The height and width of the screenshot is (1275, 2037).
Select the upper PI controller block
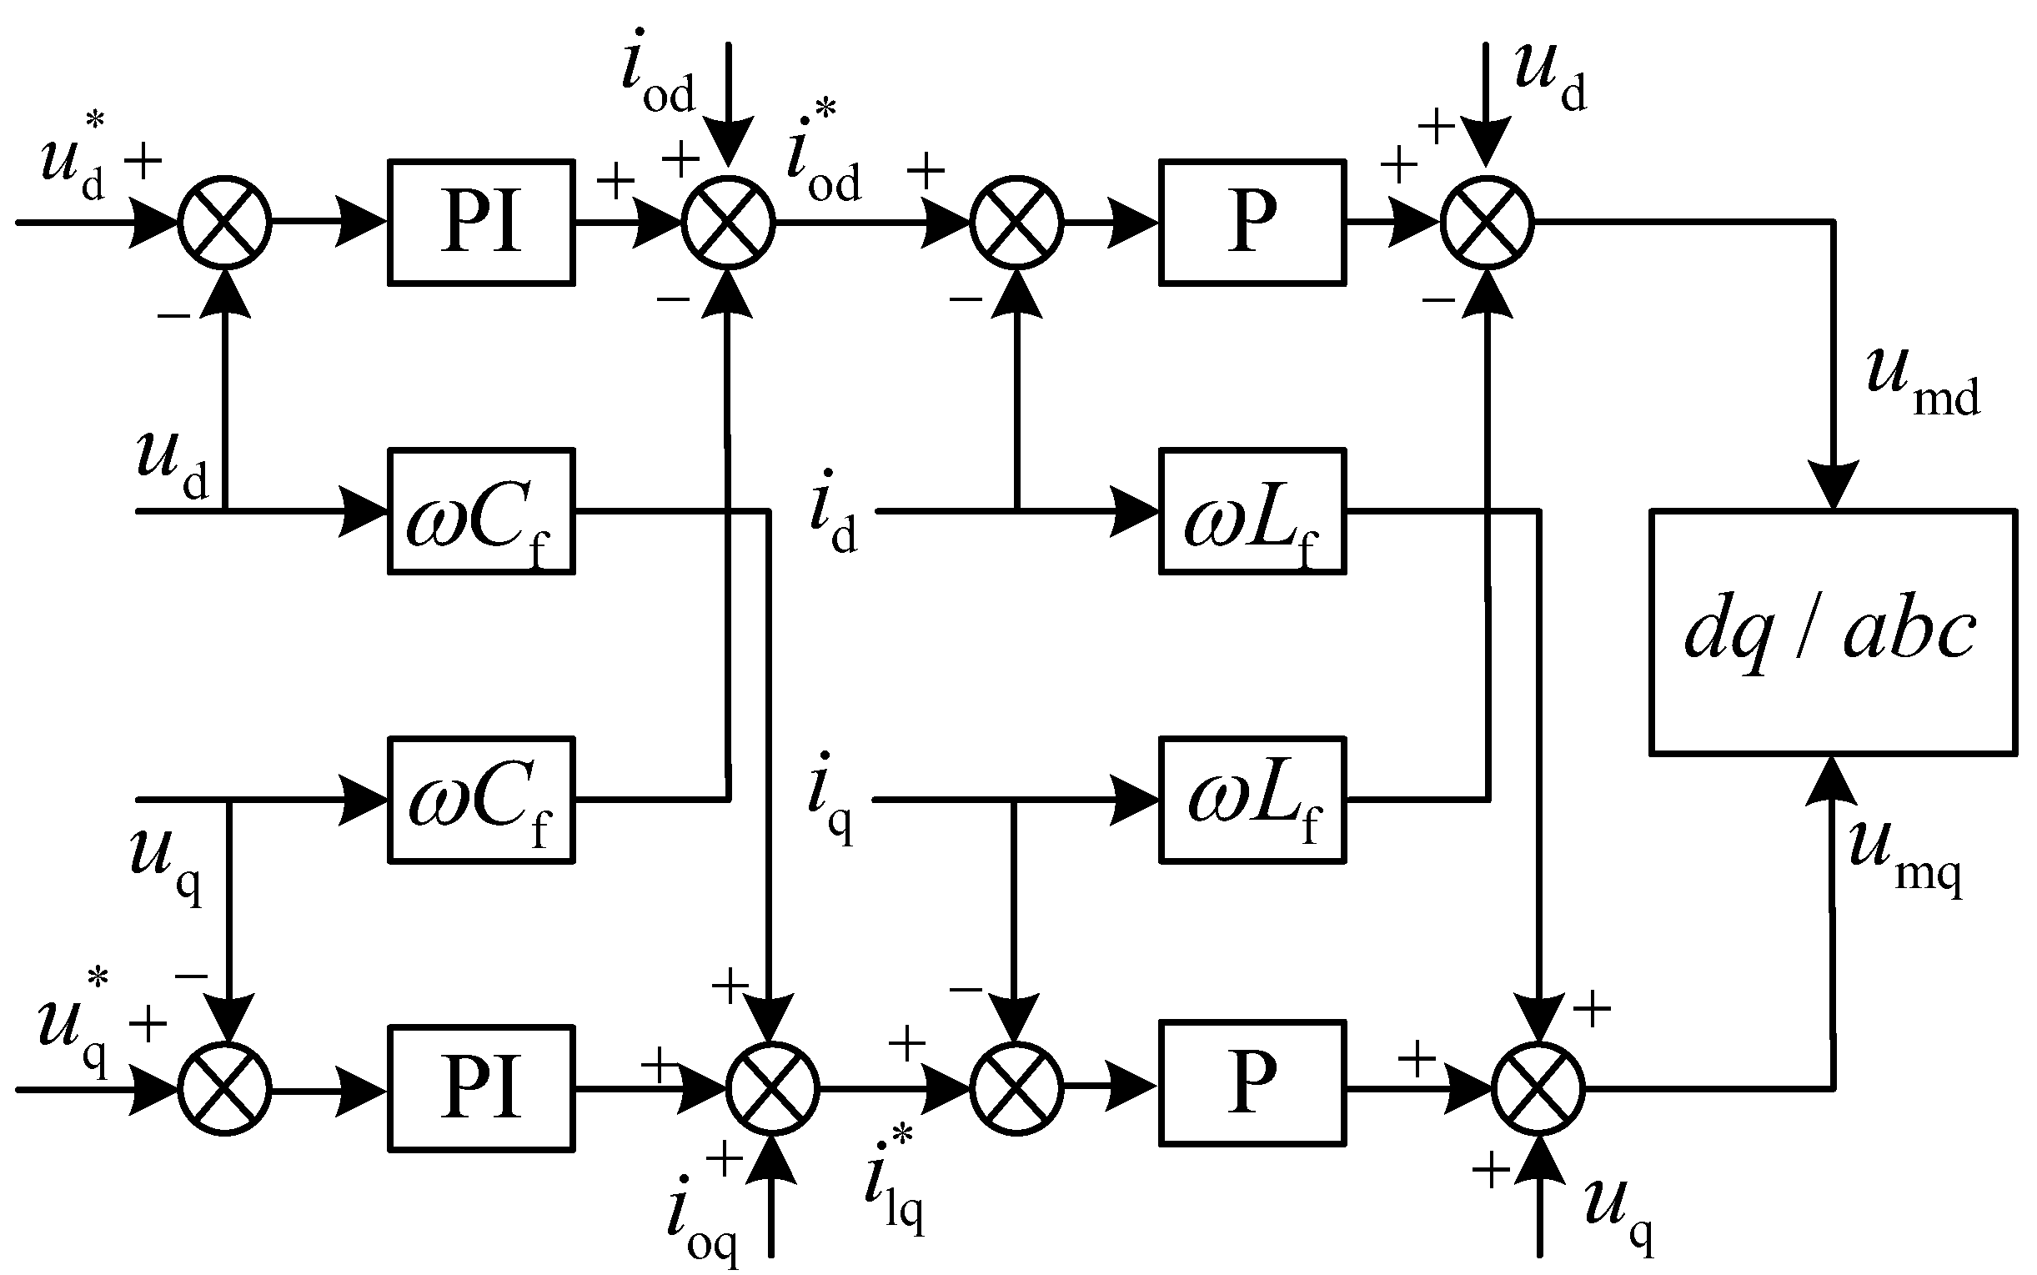click(481, 223)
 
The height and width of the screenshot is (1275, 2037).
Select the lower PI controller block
click(481, 1089)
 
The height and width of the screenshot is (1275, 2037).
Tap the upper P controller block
click(1252, 223)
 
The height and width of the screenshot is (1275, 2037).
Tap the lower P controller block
click(1252, 1083)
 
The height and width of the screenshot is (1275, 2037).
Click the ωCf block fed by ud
click(481, 512)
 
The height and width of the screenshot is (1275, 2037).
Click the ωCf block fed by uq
click(481, 801)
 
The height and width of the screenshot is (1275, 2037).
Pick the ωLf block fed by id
click(1252, 512)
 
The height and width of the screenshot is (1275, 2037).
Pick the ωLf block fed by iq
click(1252, 801)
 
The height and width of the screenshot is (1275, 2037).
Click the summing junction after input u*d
click(224, 223)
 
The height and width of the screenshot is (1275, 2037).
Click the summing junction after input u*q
click(224, 1089)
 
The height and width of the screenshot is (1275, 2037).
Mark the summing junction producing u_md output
click(1488, 223)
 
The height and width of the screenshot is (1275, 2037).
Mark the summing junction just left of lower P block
click(1016, 1089)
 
